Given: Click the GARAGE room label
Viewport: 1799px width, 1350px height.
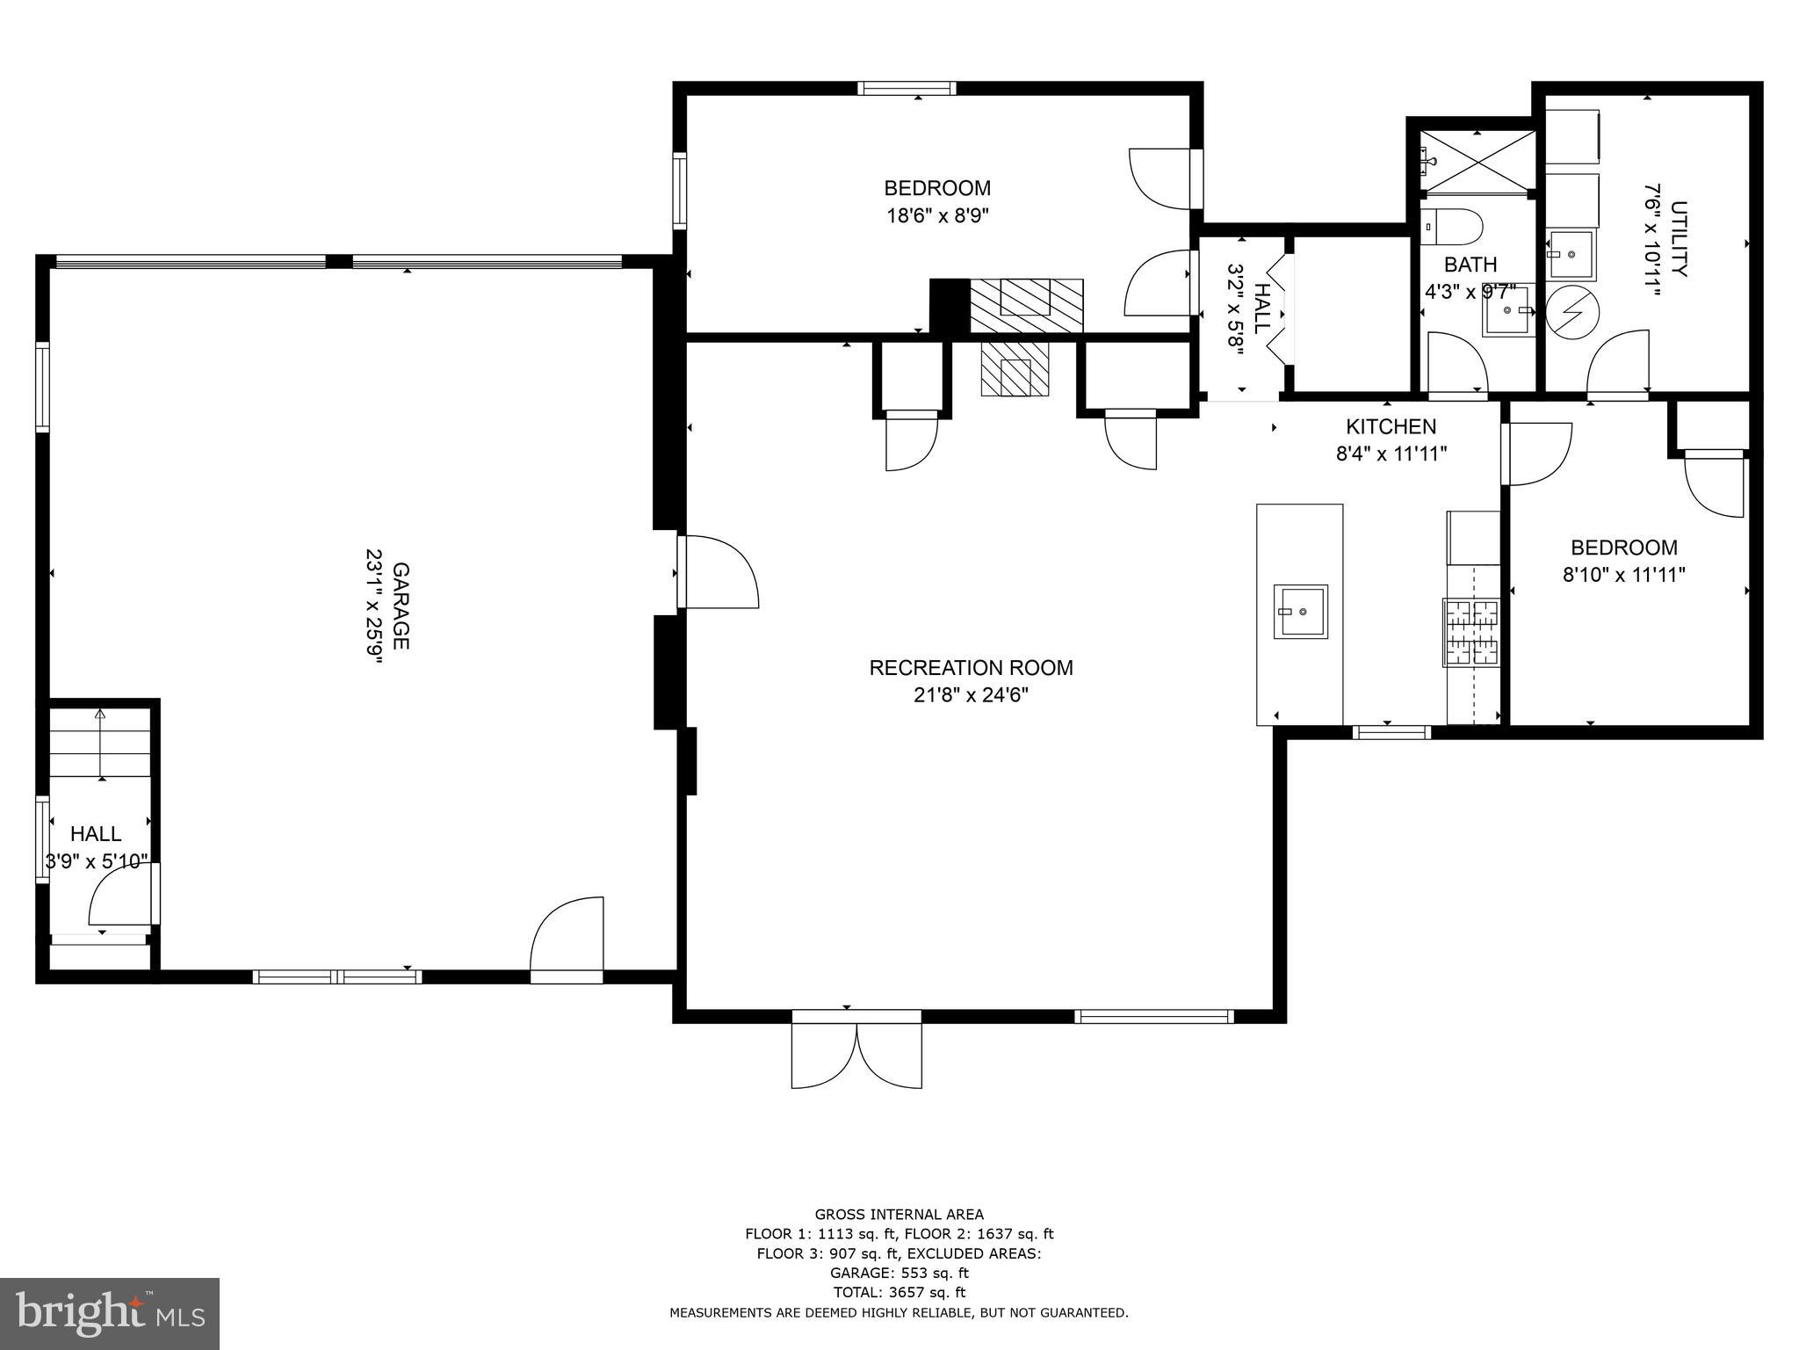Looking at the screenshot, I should pos(401,606).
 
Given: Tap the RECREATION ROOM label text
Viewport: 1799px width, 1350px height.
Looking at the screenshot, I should pos(971,668).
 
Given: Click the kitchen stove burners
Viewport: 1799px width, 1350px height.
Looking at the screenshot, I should pos(1470,631).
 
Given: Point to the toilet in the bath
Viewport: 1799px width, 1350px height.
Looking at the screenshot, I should pos(1450,227).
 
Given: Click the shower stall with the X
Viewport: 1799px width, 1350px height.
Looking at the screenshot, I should pos(1478,161).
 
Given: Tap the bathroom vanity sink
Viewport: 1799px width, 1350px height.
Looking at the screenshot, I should pos(1509,310).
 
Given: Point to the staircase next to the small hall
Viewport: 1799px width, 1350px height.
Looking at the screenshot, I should pos(100,743).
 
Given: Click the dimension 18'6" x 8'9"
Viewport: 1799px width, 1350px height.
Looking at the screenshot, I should pos(937,215).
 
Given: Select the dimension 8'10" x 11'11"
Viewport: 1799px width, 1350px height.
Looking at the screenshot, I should pos(1623,575).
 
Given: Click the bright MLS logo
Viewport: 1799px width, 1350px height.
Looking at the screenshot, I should pos(110,1313).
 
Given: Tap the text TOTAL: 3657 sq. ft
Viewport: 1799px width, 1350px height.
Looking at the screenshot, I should pos(899,1292).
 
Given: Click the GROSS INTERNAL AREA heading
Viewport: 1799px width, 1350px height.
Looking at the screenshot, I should pos(899,1215).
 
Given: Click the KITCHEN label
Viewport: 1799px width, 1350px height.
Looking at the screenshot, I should pos(1391,426).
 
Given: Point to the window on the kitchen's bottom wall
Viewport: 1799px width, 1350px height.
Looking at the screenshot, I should pos(1391,732).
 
